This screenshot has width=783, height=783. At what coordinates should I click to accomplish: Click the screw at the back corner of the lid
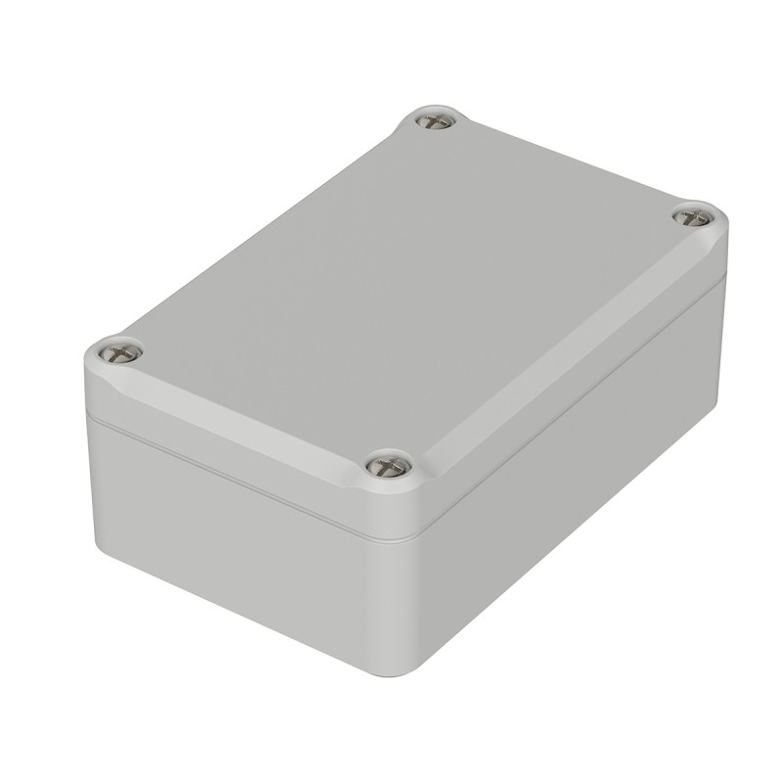click(x=435, y=120)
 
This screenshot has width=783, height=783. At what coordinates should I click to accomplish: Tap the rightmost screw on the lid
click(x=694, y=216)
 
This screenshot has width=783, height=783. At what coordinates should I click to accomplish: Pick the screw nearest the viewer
click(x=389, y=465)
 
